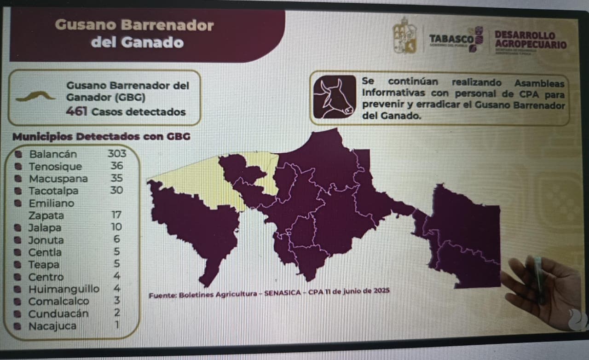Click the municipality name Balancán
click(x=53, y=154)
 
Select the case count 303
click(x=116, y=153)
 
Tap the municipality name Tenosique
click(x=55, y=166)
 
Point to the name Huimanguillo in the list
click(x=64, y=289)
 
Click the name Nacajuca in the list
click(x=52, y=326)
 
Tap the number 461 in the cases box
click(x=77, y=111)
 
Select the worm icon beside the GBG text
click(x=35, y=96)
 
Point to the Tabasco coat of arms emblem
click(x=405, y=36)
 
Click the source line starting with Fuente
click(x=269, y=292)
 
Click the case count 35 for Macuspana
click(x=116, y=178)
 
